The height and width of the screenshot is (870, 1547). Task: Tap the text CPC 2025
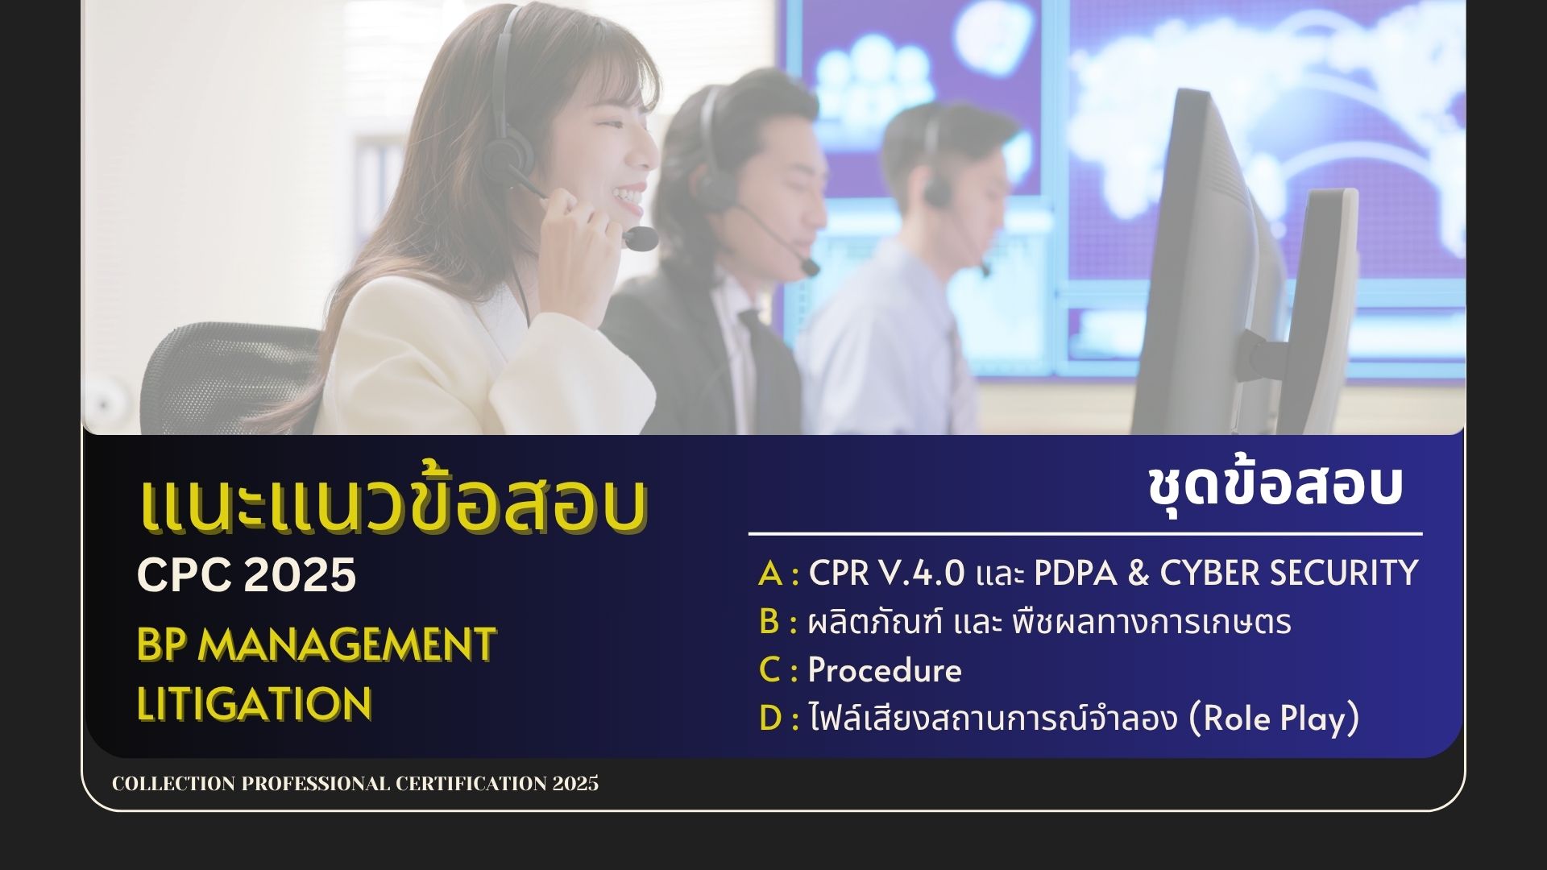[x=247, y=574]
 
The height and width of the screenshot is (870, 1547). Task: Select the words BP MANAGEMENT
[x=316, y=644]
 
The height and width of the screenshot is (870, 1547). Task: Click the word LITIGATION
[x=255, y=703]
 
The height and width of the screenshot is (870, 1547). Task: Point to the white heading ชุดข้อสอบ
[x=1275, y=486]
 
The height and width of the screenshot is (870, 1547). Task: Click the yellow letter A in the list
[x=771, y=574]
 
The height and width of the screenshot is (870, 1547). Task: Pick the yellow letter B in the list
[x=769, y=622]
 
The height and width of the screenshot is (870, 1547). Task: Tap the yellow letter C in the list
[x=769, y=670]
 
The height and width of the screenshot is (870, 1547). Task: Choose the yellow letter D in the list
[x=770, y=719]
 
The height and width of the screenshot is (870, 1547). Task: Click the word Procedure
[x=885, y=670]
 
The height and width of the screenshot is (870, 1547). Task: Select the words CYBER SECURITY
[x=1289, y=573]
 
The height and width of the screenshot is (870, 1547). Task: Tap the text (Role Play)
[x=1275, y=719]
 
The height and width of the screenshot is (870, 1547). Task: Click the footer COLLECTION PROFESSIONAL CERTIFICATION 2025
[x=355, y=784]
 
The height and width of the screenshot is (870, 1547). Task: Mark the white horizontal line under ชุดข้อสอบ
[x=1085, y=533]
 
